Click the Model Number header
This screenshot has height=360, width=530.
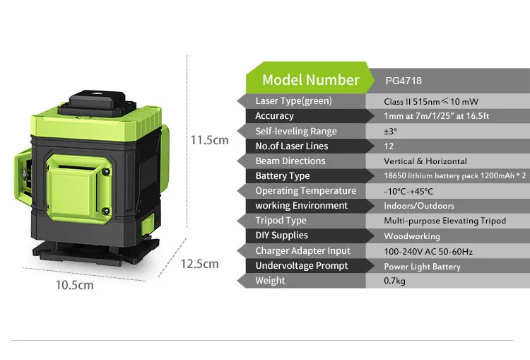click(310, 80)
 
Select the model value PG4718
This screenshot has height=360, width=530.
click(403, 81)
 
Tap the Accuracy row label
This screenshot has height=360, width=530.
click(274, 116)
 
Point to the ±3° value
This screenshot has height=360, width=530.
click(391, 132)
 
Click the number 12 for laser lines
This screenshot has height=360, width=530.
click(389, 146)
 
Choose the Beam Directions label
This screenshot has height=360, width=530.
click(290, 161)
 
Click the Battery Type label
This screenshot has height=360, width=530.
click(282, 176)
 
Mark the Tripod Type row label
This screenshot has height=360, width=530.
click(281, 221)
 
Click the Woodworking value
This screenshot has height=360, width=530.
click(411, 236)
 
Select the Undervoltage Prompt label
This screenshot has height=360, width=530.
click(302, 266)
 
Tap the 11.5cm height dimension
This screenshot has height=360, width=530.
click(210, 140)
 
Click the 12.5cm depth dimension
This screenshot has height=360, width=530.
click(200, 264)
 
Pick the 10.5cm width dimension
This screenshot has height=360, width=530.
click(74, 286)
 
